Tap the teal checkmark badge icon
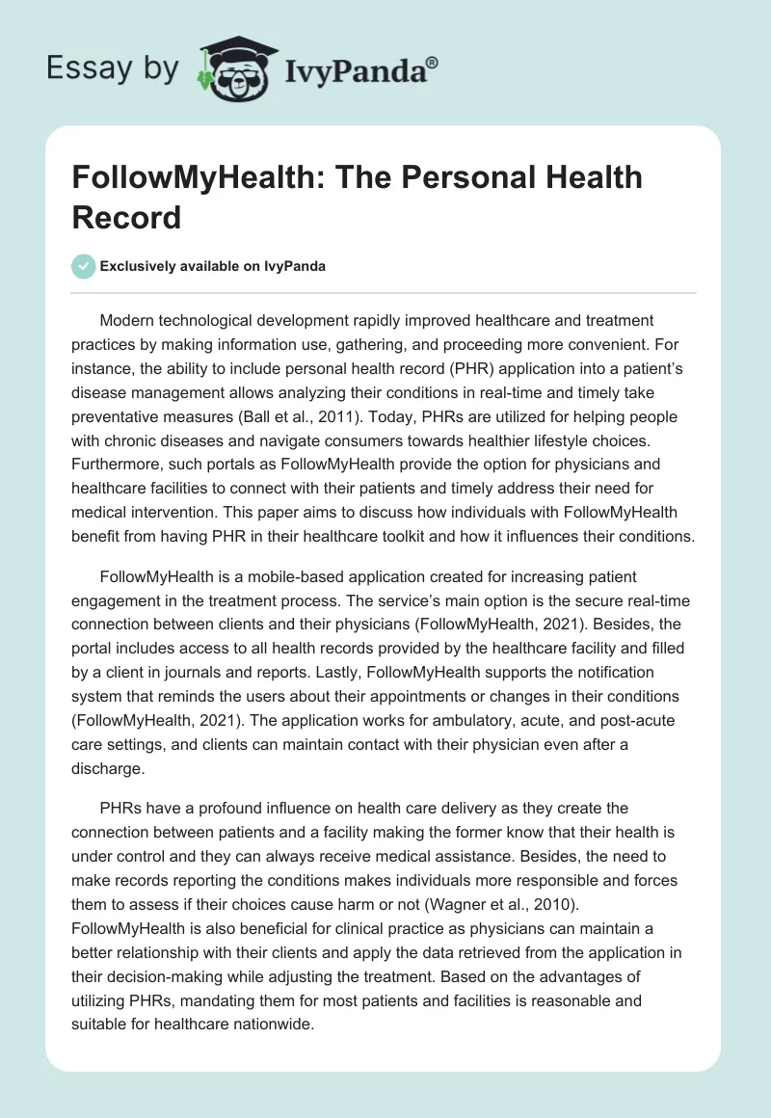coord(83,266)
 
